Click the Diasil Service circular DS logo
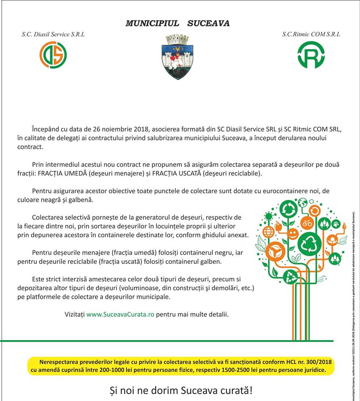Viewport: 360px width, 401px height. pyautogui.click(x=53, y=55)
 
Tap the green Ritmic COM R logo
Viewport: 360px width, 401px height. pyautogui.click(x=311, y=55)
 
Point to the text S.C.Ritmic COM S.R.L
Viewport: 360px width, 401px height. pyautogui.click(x=311, y=34)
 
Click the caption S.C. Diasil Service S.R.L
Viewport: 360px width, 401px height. pyautogui.click(x=53, y=34)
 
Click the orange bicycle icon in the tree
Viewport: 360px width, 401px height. pyautogui.click(x=307, y=223)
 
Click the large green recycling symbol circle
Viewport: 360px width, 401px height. pyautogui.click(x=309, y=241)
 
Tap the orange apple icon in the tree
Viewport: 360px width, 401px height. pyautogui.click(x=279, y=227)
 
